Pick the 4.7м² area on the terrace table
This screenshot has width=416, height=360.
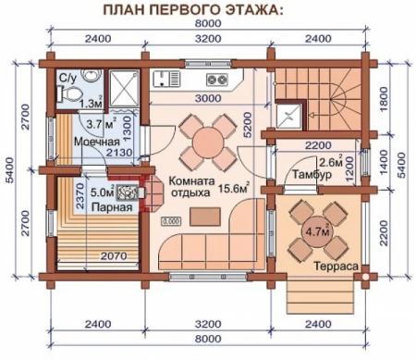pos(317,232)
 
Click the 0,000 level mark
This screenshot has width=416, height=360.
pos(171,222)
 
